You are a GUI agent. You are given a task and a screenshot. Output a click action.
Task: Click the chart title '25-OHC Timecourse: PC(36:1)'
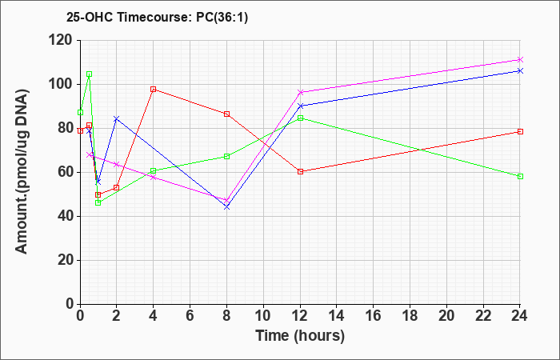[157, 18]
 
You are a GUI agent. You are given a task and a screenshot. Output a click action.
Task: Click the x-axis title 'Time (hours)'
[300, 336]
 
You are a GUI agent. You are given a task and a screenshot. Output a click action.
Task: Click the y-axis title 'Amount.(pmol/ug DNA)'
[22, 172]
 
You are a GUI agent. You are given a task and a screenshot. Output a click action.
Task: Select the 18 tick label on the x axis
[410, 316]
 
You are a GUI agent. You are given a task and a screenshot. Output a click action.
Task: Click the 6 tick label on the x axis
[190, 316]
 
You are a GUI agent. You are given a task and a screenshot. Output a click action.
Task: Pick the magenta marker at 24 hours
[520, 60]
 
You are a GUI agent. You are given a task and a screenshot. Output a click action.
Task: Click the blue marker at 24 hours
[520, 70]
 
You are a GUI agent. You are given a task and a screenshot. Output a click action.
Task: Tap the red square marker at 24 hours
[520, 131]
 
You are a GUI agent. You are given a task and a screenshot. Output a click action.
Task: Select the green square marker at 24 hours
[520, 177]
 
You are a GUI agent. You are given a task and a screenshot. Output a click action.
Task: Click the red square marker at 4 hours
[154, 90]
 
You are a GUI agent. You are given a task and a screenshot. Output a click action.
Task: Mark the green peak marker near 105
[90, 74]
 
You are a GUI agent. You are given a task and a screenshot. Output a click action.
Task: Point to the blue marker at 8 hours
[226, 206]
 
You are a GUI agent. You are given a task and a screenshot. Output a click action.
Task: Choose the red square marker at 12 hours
[300, 171]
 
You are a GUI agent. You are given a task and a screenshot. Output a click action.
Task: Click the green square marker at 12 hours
[300, 118]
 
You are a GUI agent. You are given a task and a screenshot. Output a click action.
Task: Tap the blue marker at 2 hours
[117, 118]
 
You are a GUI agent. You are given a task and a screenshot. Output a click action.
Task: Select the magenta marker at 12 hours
[300, 92]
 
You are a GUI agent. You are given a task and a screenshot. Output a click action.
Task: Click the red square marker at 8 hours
[226, 114]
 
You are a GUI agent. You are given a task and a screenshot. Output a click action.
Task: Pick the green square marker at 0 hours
[80, 113]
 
